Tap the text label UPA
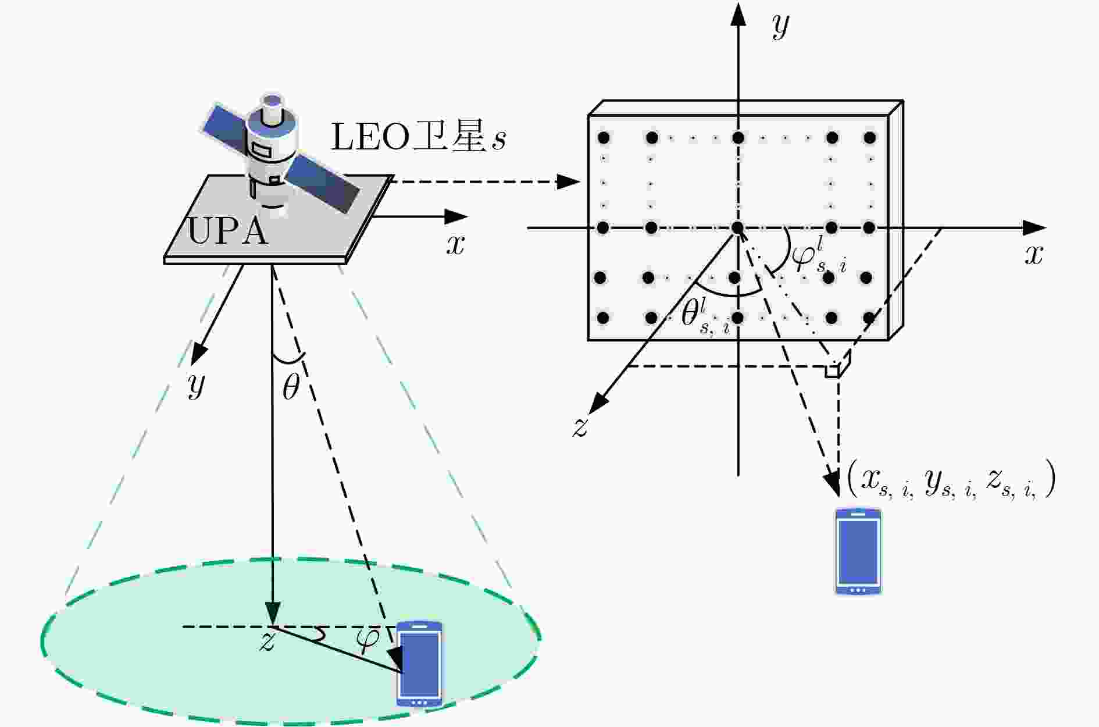pyautogui.click(x=228, y=232)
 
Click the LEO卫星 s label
pyautogui.click(x=418, y=137)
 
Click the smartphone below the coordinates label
pyautogui.click(x=858, y=551)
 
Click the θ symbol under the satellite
pyautogui.click(x=290, y=387)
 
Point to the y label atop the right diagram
pyautogui.click(x=780, y=26)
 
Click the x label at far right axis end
pyautogui.click(x=1034, y=255)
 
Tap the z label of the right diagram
pyautogui.click(x=580, y=427)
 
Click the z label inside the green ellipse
pyautogui.click(x=267, y=642)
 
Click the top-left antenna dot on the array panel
pyautogui.click(x=604, y=138)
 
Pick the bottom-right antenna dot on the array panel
pyautogui.click(x=869, y=318)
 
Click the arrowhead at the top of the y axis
pyautogui.click(x=738, y=13)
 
